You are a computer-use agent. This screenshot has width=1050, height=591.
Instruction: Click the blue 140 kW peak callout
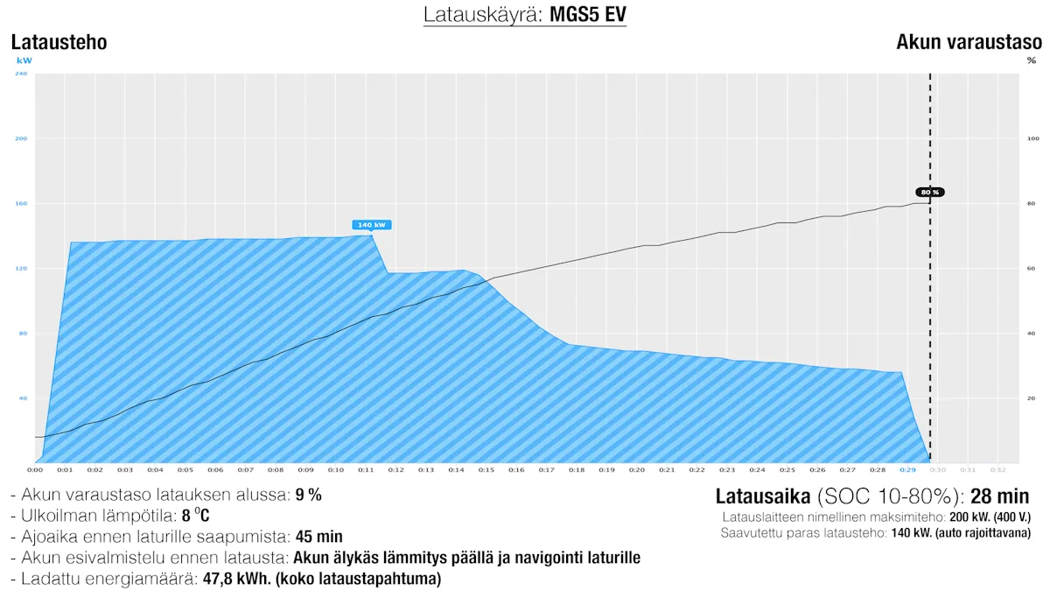point(371,225)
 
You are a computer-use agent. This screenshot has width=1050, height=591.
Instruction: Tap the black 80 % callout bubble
point(929,192)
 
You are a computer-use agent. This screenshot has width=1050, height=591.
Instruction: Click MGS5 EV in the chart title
point(587,15)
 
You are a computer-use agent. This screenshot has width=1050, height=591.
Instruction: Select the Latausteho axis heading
point(59,42)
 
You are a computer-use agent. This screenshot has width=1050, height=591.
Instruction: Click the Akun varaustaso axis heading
point(969,42)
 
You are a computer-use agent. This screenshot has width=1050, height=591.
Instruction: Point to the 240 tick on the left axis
point(22,74)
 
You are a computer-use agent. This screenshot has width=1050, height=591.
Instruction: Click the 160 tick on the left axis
point(22,203)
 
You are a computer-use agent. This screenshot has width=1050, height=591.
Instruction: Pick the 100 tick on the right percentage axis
point(1032,138)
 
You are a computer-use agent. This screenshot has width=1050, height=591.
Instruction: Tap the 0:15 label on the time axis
point(486,470)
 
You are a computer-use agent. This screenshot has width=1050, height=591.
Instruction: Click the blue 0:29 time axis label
point(907,470)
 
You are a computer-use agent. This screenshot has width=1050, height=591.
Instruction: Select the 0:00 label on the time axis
point(36,470)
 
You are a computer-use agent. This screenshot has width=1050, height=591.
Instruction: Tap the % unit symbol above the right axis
point(1031,60)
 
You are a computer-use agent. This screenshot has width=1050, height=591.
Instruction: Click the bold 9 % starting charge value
point(308,495)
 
